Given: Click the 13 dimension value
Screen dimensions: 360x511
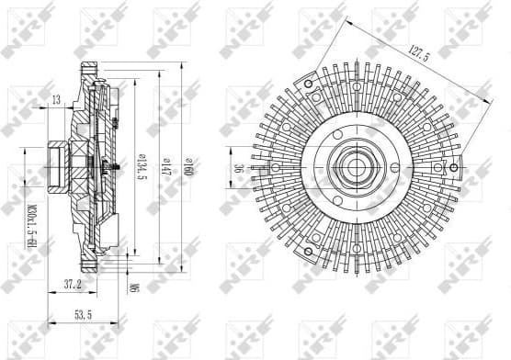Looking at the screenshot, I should click(x=57, y=99).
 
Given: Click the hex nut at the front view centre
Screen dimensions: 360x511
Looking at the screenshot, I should click(x=356, y=168).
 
